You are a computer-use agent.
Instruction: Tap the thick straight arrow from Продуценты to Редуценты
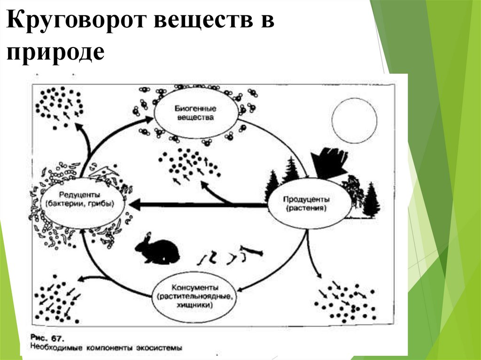click(197, 205)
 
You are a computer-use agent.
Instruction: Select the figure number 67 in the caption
click(57, 338)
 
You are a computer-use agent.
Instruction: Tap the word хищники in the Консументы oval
click(194, 305)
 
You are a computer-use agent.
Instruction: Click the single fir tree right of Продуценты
click(371, 199)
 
